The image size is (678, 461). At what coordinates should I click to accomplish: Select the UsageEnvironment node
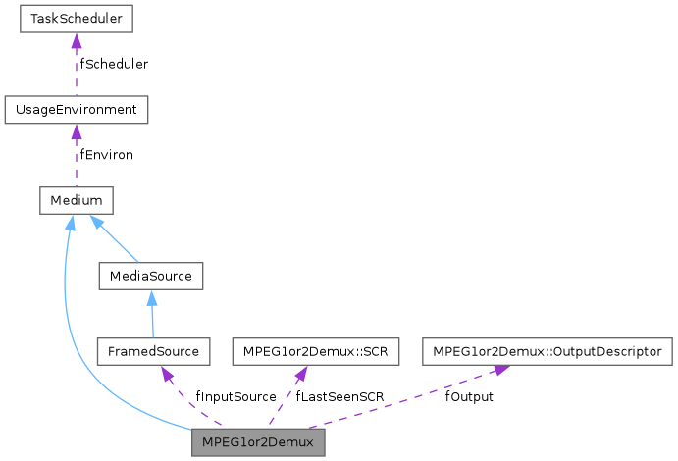(x=76, y=109)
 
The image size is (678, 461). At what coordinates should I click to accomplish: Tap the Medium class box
(x=76, y=200)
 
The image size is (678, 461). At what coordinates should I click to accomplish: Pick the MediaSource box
(x=150, y=276)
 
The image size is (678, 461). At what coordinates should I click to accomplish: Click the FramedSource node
(x=153, y=350)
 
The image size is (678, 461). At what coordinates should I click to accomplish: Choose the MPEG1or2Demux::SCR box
(x=314, y=350)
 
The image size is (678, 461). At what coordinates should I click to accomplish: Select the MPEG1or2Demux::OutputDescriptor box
(x=548, y=350)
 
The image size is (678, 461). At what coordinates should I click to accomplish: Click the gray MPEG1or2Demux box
(x=258, y=442)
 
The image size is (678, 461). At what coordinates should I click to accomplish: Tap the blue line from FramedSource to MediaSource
(x=151, y=316)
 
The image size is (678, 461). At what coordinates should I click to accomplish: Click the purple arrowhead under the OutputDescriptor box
(x=499, y=372)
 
